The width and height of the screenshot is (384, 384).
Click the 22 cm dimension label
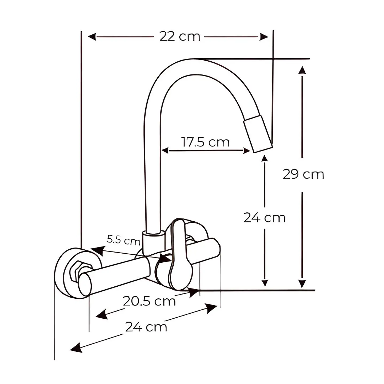(x=179, y=37)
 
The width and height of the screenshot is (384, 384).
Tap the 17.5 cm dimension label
(x=205, y=142)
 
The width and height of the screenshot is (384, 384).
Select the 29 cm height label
(x=303, y=175)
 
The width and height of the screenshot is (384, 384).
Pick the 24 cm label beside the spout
(x=265, y=218)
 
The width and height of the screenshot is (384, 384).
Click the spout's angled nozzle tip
(x=258, y=134)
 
